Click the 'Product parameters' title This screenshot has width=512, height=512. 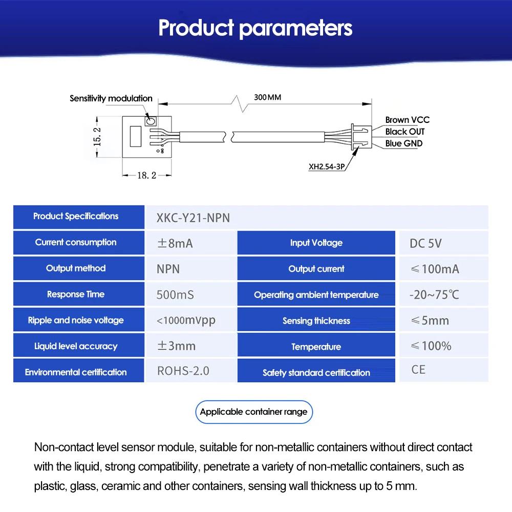coord(255,28)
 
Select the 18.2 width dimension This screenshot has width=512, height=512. coord(146,175)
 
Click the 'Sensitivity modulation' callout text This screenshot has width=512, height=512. coord(111,98)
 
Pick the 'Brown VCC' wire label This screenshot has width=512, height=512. coord(407,120)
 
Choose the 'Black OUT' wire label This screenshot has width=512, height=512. coord(405,132)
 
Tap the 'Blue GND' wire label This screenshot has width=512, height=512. coord(404,143)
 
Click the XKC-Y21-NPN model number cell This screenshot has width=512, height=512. coord(193,218)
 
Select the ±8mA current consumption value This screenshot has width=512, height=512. coord(175,243)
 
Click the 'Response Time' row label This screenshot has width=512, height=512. coord(76,294)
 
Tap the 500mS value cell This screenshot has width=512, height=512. coord(175,295)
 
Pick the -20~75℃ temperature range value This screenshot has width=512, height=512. coord(434,295)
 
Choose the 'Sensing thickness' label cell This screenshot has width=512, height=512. coord(316,321)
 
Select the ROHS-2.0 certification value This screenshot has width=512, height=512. coord(183,371)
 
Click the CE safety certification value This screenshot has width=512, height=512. coord(418,369)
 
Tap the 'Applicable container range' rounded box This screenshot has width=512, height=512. coord(254,412)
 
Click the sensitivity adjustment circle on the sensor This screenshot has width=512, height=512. coord(151,121)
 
